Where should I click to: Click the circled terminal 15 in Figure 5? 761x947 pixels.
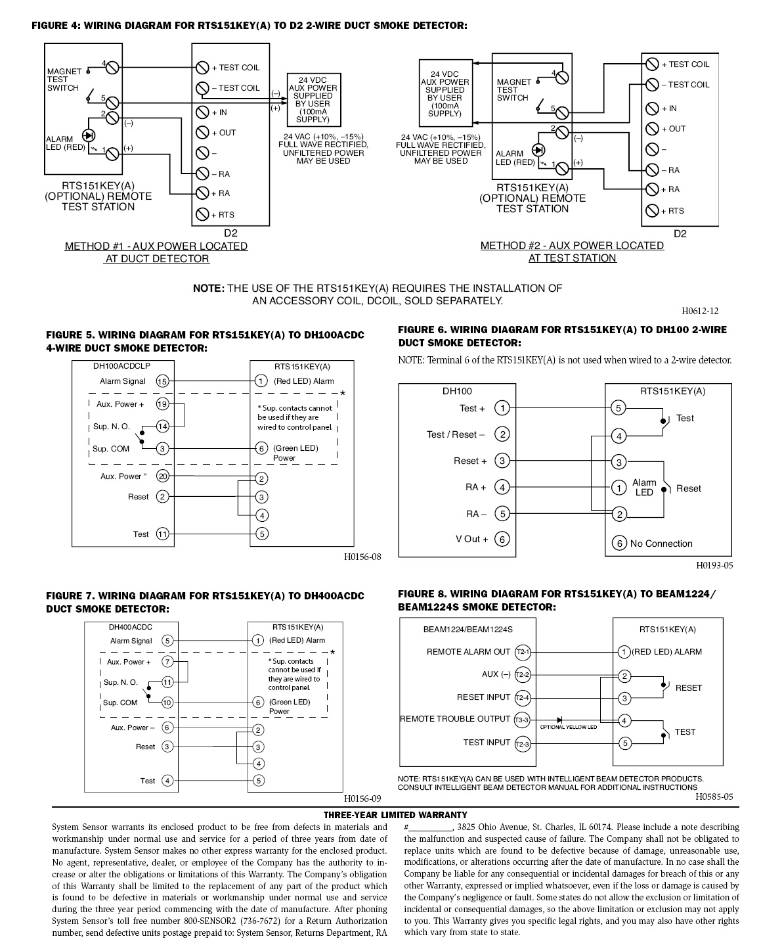(163, 381)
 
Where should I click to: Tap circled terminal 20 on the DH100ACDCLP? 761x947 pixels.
(163, 476)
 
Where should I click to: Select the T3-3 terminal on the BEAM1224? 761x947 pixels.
(522, 720)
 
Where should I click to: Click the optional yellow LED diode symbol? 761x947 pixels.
(559, 720)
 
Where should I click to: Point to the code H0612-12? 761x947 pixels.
(700, 311)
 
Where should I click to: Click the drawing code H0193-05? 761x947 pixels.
(714, 565)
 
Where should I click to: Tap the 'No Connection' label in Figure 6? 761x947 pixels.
(661, 543)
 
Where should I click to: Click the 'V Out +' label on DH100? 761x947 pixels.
(471, 539)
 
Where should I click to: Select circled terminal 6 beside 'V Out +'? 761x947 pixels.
(502, 540)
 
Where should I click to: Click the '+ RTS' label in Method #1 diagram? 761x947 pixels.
(223, 215)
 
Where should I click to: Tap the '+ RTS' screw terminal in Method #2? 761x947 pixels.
(651, 210)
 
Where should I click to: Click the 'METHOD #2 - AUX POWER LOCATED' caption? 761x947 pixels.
(572, 246)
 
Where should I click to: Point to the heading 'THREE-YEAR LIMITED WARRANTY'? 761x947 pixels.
(395, 815)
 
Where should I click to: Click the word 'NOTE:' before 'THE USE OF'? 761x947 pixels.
(209, 288)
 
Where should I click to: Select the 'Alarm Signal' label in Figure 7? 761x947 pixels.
(131, 641)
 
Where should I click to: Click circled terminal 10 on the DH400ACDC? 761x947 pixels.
(167, 703)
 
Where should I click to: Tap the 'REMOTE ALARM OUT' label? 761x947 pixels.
(468, 652)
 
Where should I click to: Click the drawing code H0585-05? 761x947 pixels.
(714, 797)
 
